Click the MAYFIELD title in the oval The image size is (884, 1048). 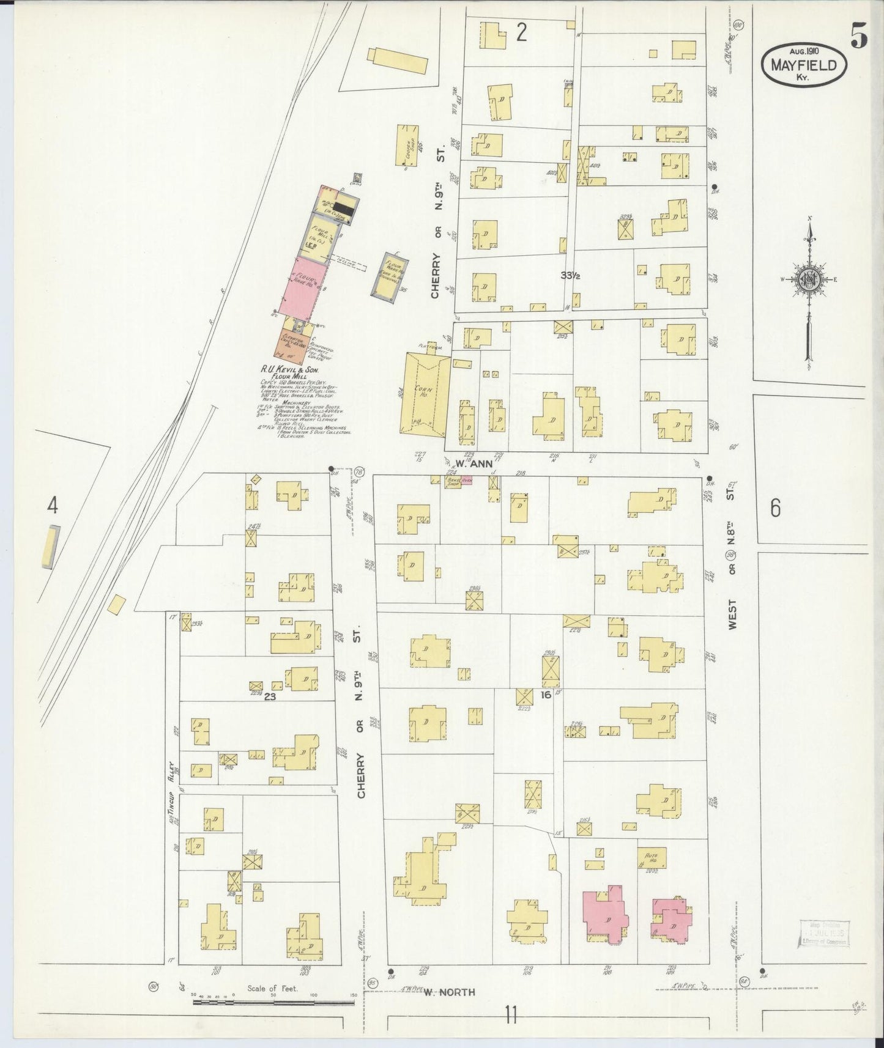pos(804,65)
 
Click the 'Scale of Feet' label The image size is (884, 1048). pos(272,988)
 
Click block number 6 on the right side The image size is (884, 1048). pos(775,507)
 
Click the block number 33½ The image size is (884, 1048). pos(570,276)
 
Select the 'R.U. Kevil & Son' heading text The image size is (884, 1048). pos(288,370)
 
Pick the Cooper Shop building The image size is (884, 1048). pos(407,145)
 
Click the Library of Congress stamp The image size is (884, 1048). pos(823,934)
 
